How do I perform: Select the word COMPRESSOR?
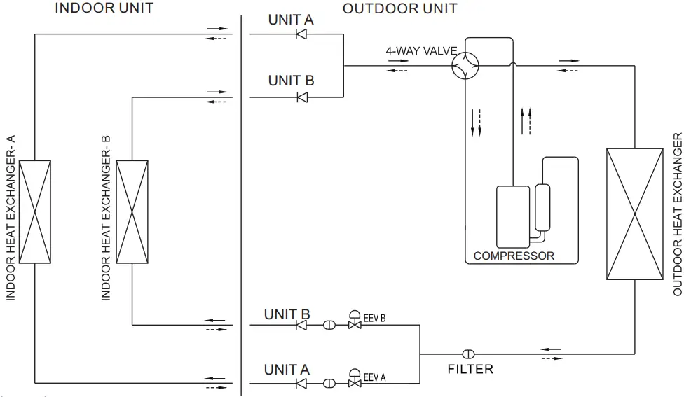tap(514, 256)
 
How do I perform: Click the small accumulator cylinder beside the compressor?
tap(542, 207)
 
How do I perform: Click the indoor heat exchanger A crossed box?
tap(35, 212)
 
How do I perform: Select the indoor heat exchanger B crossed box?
tap(132, 212)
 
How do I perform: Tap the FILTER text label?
tap(470, 369)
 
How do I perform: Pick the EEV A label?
tap(375, 378)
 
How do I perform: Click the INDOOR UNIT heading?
tap(104, 8)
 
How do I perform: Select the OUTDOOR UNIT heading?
tap(399, 8)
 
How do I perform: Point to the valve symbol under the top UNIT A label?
tap(302, 34)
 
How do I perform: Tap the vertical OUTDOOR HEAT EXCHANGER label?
tap(678, 214)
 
